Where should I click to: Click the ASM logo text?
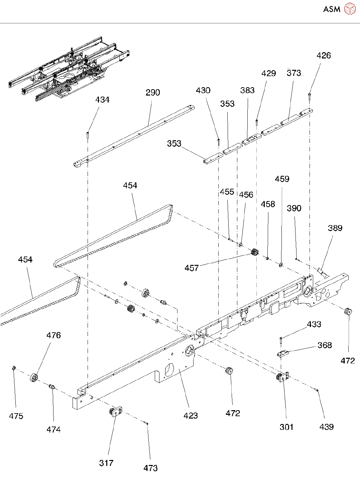click(332, 9)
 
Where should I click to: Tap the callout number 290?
click(153, 93)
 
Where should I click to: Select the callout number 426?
click(324, 55)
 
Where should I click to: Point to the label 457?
click(192, 268)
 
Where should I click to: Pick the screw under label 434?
click(88, 135)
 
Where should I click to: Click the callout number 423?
click(191, 416)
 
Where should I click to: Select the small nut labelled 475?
click(14, 368)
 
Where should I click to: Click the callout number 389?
click(335, 228)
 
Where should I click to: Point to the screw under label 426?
click(310, 97)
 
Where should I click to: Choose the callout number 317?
click(106, 463)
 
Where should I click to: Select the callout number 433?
click(314, 324)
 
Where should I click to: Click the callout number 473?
click(150, 468)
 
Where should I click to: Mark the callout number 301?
click(286, 427)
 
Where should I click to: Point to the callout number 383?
click(247, 90)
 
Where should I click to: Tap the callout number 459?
click(282, 179)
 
